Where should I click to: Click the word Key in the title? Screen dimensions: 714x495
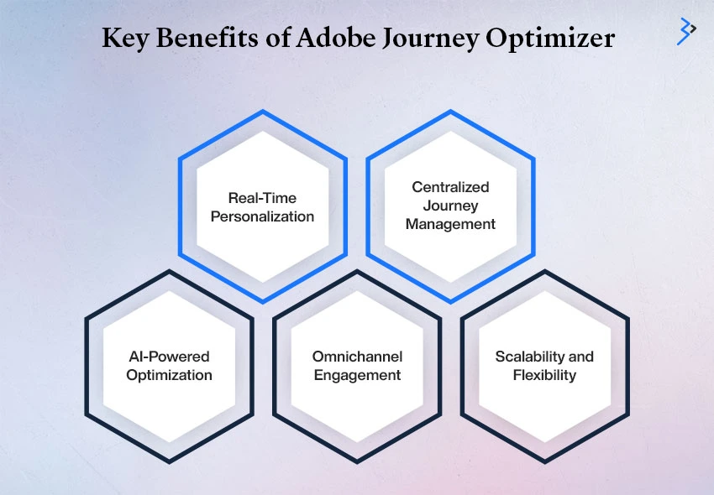pos(125,38)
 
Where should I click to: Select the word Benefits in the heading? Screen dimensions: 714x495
pos(207,37)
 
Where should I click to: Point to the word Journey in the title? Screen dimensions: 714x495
pos(430,39)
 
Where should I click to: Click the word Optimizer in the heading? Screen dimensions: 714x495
pos(550,39)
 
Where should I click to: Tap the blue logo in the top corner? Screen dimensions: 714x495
pos(686,31)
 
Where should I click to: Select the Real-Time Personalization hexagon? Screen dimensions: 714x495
pos(263,206)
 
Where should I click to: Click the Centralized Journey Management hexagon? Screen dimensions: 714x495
pos(450,206)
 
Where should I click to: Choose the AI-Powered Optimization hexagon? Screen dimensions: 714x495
pos(169,367)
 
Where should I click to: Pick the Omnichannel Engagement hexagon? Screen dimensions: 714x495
pos(357,367)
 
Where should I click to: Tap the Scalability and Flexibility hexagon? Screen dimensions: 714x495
pos(544,367)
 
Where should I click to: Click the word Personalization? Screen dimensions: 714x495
pos(262,216)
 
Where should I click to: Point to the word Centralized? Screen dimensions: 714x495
pos(450,187)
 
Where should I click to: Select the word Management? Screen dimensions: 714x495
pos(450,224)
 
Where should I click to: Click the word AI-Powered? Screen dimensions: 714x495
pos(169,357)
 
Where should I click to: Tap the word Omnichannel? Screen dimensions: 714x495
pos(358,357)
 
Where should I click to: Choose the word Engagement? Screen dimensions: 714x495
pos(358,375)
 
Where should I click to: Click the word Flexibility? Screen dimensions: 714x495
pos(544,375)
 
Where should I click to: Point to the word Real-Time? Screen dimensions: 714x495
pos(262,198)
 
